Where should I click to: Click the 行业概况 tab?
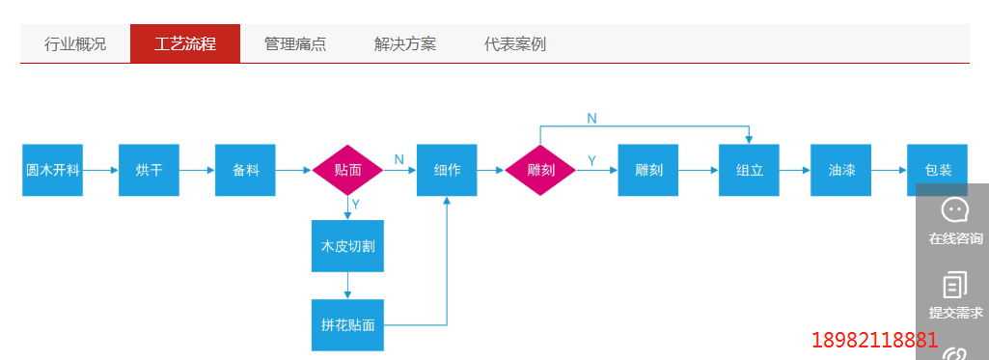pyautogui.click(x=75, y=44)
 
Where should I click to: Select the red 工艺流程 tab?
pyautogui.click(x=185, y=44)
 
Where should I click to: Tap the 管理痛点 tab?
pyautogui.click(x=295, y=44)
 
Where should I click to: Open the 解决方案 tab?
pyautogui.click(x=405, y=44)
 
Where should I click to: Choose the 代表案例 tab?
pyautogui.click(x=515, y=44)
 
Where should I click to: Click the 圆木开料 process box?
pyautogui.click(x=52, y=170)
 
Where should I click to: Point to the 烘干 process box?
pyautogui.click(x=149, y=170)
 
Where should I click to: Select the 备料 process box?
pyautogui.click(x=245, y=170)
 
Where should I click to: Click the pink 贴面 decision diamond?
pyautogui.click(x=347, y=170)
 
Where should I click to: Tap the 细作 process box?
pyautogui.click(x=447, y=170)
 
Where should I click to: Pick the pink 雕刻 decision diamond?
pyautogui.click(x=540, y=170)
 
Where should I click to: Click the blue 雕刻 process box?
pyautogui.click(x=647, y=170)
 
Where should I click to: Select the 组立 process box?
pyautogui.click(x=749, y=170)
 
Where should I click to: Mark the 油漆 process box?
pyautogui.click(x=840, y=170)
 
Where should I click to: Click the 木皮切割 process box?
pyautogui.click(x=347, y=246)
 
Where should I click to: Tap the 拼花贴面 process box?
pyautogui.click(x=347, y=325)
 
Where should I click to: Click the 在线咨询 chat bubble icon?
pyautogui.click(x=954, y=209)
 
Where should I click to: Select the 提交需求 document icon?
pyautogui.click(x=954, y=284)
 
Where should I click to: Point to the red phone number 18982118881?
pyautogui.click(x=875, y=340)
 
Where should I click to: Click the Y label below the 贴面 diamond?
pyautogui.click(x=355, y=205)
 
